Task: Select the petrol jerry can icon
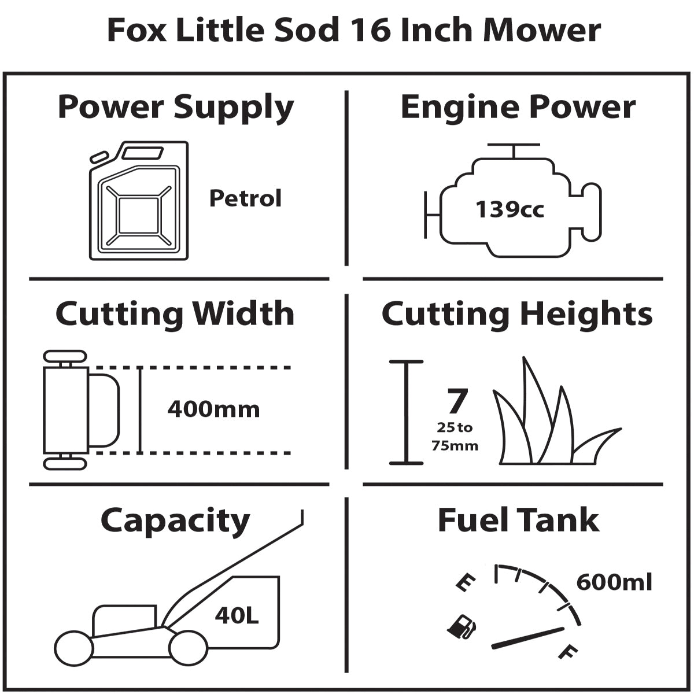tap(139, 201)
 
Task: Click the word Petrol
tap(245, 198)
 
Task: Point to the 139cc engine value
tap(510, 209)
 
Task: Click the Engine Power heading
tap(518, 108)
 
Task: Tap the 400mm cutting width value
tap(213, 409)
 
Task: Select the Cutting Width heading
tap(175, 314)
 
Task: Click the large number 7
tap(456, 401)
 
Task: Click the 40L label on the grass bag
tap(237, 615)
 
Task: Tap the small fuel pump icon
tap(462, 626)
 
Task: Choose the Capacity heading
tap(175, 520)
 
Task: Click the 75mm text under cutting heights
tap(455, 446)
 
